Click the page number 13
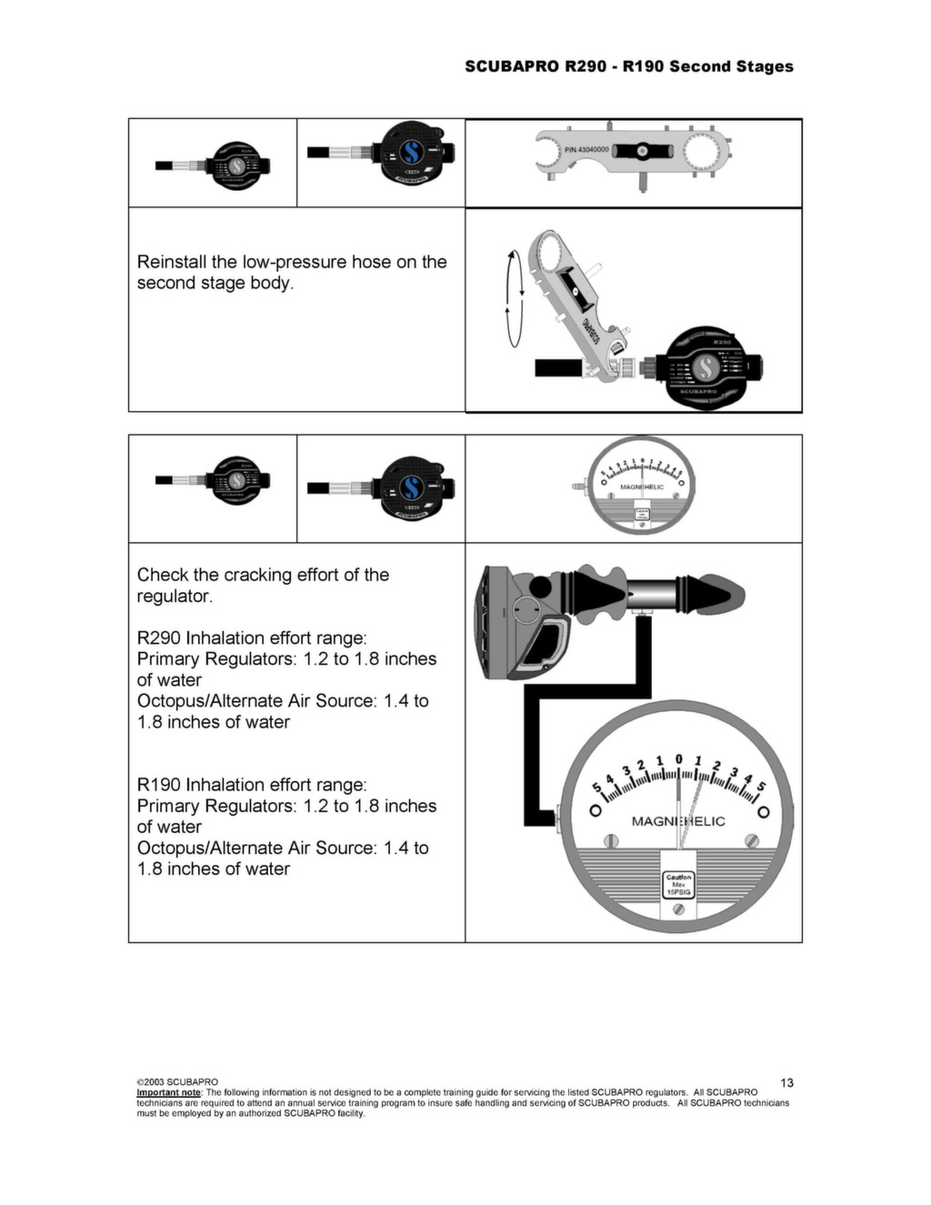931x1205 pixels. [x=786, y=1082]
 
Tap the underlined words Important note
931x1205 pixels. [x=168, y=1092]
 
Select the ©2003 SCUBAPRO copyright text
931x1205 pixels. [x=177, y=1082]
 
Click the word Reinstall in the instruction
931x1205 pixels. [x=171, y=262]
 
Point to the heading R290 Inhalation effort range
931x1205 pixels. [x=252, y=638]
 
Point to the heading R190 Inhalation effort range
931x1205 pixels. [x=252, y=785]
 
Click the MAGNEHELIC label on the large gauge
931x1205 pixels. [x=678, y=821]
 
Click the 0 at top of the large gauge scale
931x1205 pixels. [x=678, y=758]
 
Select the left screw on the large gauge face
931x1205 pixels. [x=612, y=840]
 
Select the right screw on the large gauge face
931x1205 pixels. [x=750, y=840]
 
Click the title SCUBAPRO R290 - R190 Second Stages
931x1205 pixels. [x=628, y=66]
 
